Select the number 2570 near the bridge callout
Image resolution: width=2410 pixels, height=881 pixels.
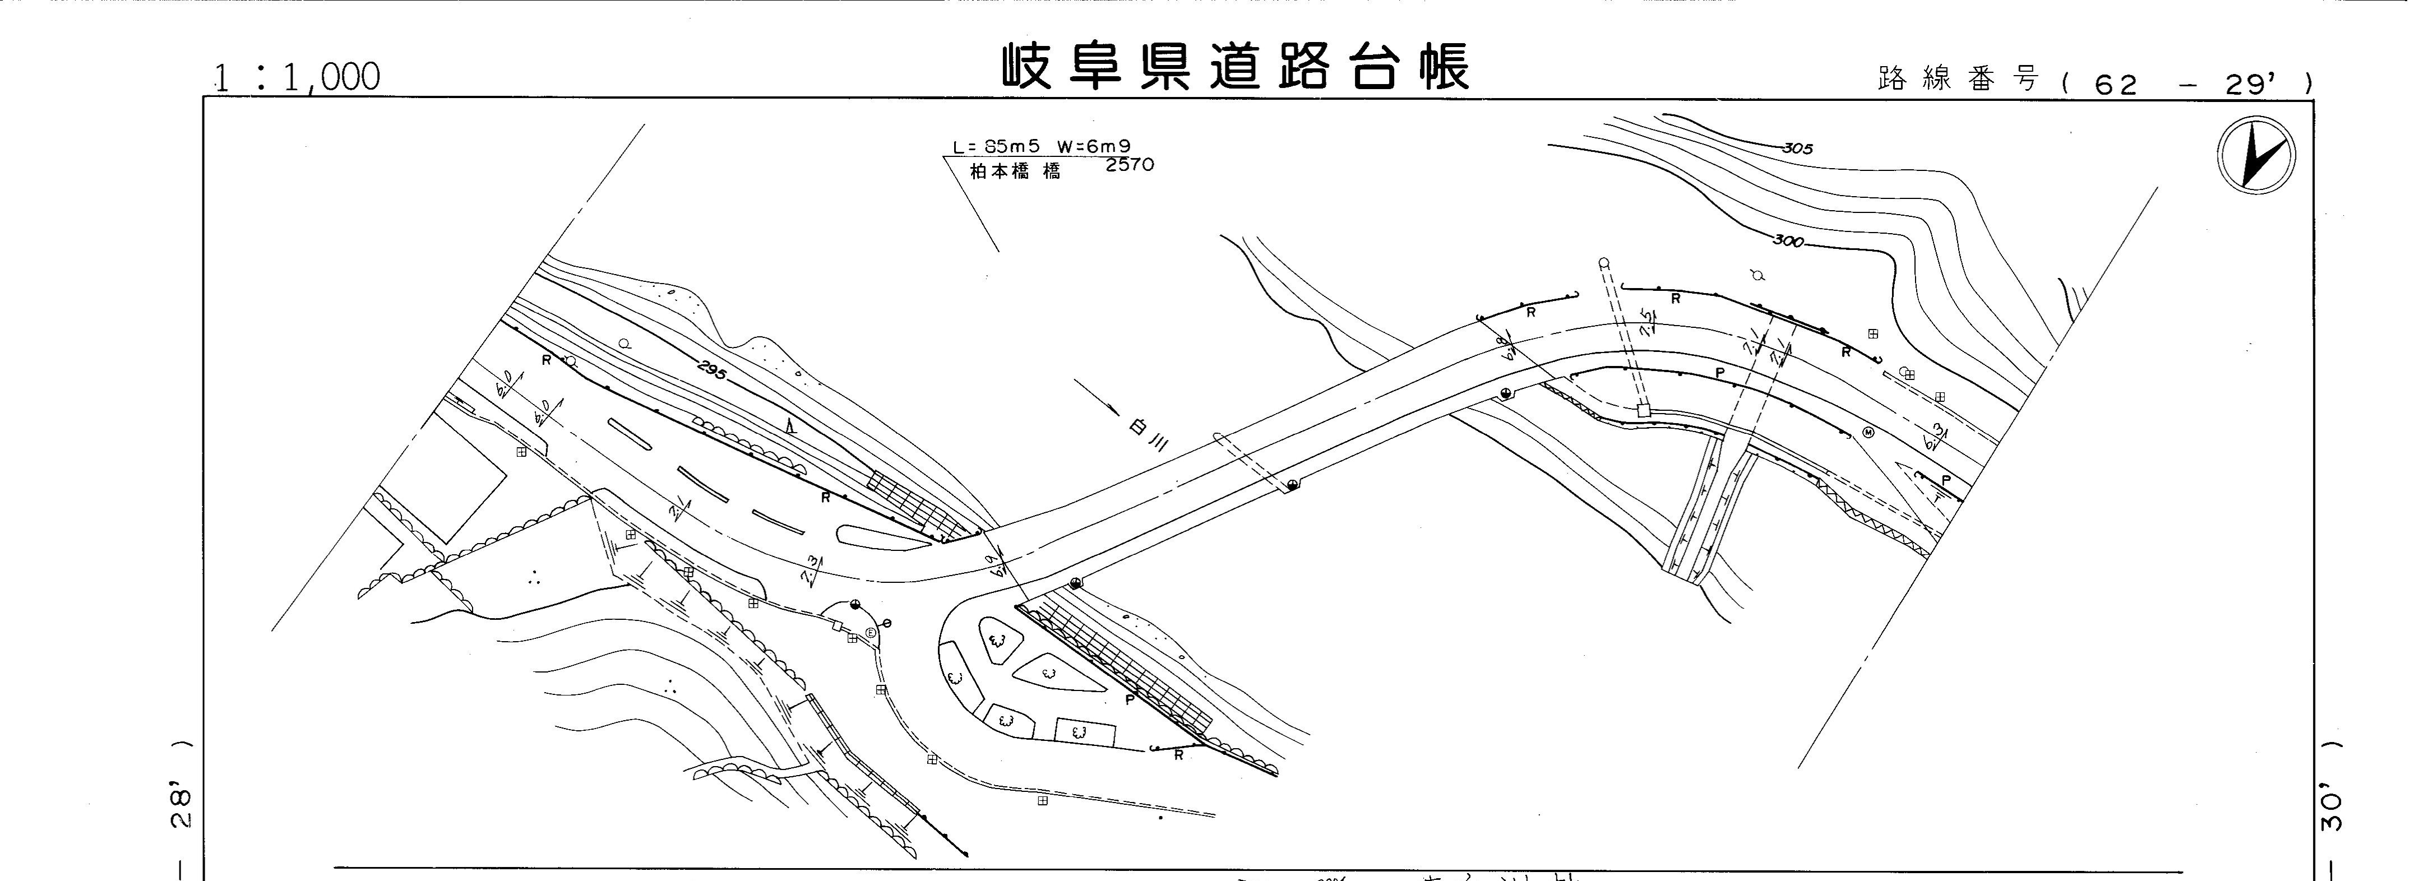point(1129,165)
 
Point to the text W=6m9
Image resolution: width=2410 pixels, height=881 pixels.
point(1095,147)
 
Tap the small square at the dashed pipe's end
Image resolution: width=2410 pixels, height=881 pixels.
point(1643,410)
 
